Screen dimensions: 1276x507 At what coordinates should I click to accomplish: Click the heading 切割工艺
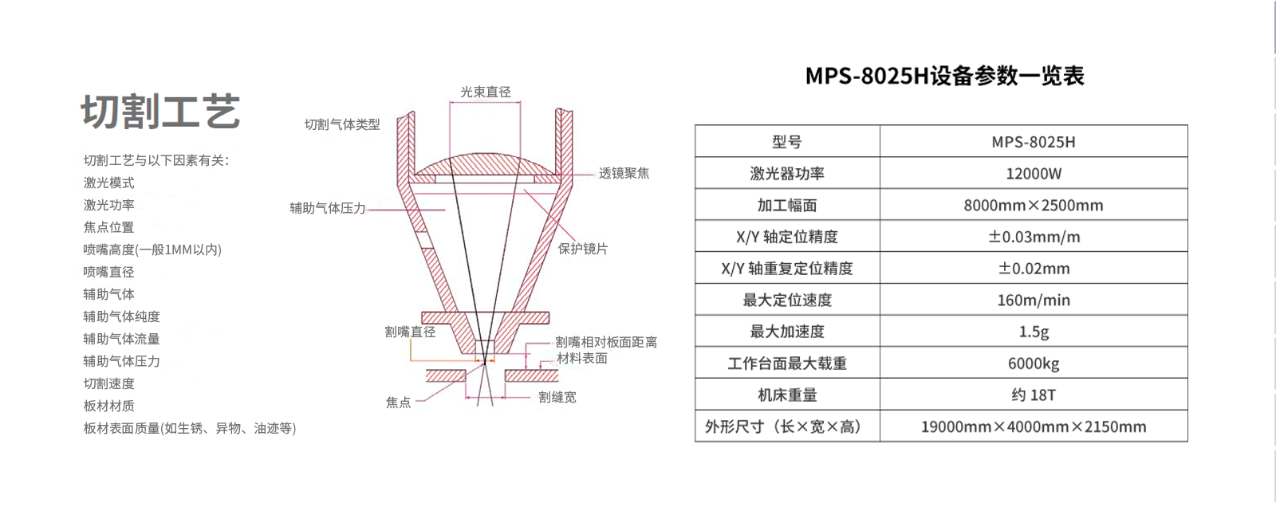[160, 112]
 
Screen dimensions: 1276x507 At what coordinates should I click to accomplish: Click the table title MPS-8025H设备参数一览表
[944, 76]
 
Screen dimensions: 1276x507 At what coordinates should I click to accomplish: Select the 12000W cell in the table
[1034, 174]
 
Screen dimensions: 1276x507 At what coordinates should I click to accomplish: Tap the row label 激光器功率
[786, 174]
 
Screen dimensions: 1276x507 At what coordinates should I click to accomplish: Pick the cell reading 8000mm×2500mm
[1034, 205]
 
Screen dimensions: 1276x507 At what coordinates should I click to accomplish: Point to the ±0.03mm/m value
[1034, 237]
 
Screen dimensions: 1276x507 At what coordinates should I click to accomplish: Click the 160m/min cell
[1034, 301]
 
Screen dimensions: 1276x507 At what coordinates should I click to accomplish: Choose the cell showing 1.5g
[1034, 332]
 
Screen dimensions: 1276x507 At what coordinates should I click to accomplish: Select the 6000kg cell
[1034, 364]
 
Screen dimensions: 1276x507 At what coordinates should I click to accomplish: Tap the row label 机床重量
[786, 395]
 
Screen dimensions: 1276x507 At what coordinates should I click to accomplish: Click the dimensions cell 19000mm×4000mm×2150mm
[1034, 426]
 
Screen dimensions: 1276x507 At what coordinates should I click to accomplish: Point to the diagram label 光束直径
[486, 92]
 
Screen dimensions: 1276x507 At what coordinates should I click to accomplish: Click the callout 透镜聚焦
[624, 173]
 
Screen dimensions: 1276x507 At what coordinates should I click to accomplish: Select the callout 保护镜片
[583, 249]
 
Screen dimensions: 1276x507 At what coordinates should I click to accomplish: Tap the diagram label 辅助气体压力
[328, 209]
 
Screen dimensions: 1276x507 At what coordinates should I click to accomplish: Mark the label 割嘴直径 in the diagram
[410, 332]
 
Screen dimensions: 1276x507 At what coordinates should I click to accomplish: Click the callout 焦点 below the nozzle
[398, 403]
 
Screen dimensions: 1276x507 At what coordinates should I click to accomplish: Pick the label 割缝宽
[557, 397]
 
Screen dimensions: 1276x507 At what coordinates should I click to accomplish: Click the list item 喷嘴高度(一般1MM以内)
[152, 250]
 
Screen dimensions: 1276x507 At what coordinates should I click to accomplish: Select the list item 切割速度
[108, 383]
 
